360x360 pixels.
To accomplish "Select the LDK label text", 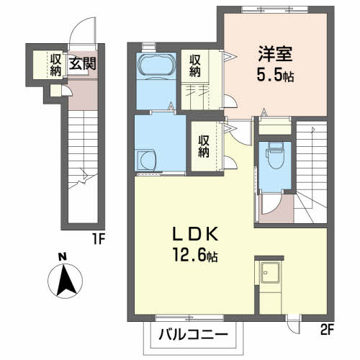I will pos(192,235).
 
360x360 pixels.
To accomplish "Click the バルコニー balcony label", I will pos(192,336).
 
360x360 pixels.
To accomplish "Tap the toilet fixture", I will pos(274,154).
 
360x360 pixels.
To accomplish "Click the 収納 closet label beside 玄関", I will pos(55,63).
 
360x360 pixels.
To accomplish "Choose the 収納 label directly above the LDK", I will pos(204,143).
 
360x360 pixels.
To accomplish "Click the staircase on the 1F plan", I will pos(84,166).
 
